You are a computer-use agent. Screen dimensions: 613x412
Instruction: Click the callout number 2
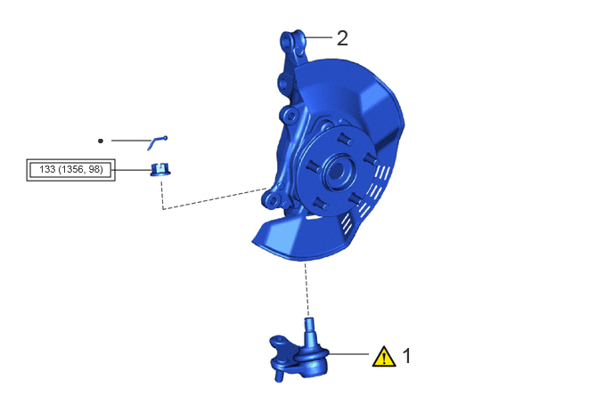pyautogui.click(x=342, y=38)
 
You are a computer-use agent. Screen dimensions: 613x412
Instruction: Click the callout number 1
pyautogui.click(x=407, y=356)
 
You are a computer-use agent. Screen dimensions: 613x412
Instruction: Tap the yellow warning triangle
pyautogui.click(x=384, y=357)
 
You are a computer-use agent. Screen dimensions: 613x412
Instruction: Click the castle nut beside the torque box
pyautogui.click(x=160, y=170)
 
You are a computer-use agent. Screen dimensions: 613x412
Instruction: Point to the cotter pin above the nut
pyautogui.click(x=157, y=143)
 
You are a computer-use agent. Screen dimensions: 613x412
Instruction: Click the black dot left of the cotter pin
pyautogui.click(x=101, y=141)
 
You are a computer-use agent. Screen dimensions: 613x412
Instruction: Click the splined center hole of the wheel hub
pyautogui.click(x=337, y=169)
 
